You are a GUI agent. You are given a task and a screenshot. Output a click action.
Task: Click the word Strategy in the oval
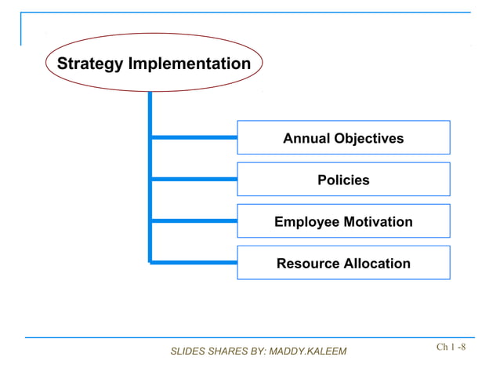(x=89, y=64)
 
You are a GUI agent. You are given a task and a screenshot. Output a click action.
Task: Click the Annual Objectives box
(x=343, y=138)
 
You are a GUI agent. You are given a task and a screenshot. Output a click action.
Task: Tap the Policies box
(x=343, y=180)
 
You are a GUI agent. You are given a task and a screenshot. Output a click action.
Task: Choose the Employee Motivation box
(x=343, y=221)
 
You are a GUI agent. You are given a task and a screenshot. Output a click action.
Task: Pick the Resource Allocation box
(x=343, y=263)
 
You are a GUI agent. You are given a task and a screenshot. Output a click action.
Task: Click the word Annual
(x=306, y=139)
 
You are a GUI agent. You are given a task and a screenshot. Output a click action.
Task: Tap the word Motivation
(x=378, y=222)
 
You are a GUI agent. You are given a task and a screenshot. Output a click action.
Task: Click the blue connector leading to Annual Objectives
(x=194, y=137)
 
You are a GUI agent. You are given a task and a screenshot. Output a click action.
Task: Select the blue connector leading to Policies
(x=194, y=179)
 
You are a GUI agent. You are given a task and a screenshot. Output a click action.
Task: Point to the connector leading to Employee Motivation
(x=194, y=220)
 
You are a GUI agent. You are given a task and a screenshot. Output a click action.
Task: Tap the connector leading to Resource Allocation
(x=194, y=262)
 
